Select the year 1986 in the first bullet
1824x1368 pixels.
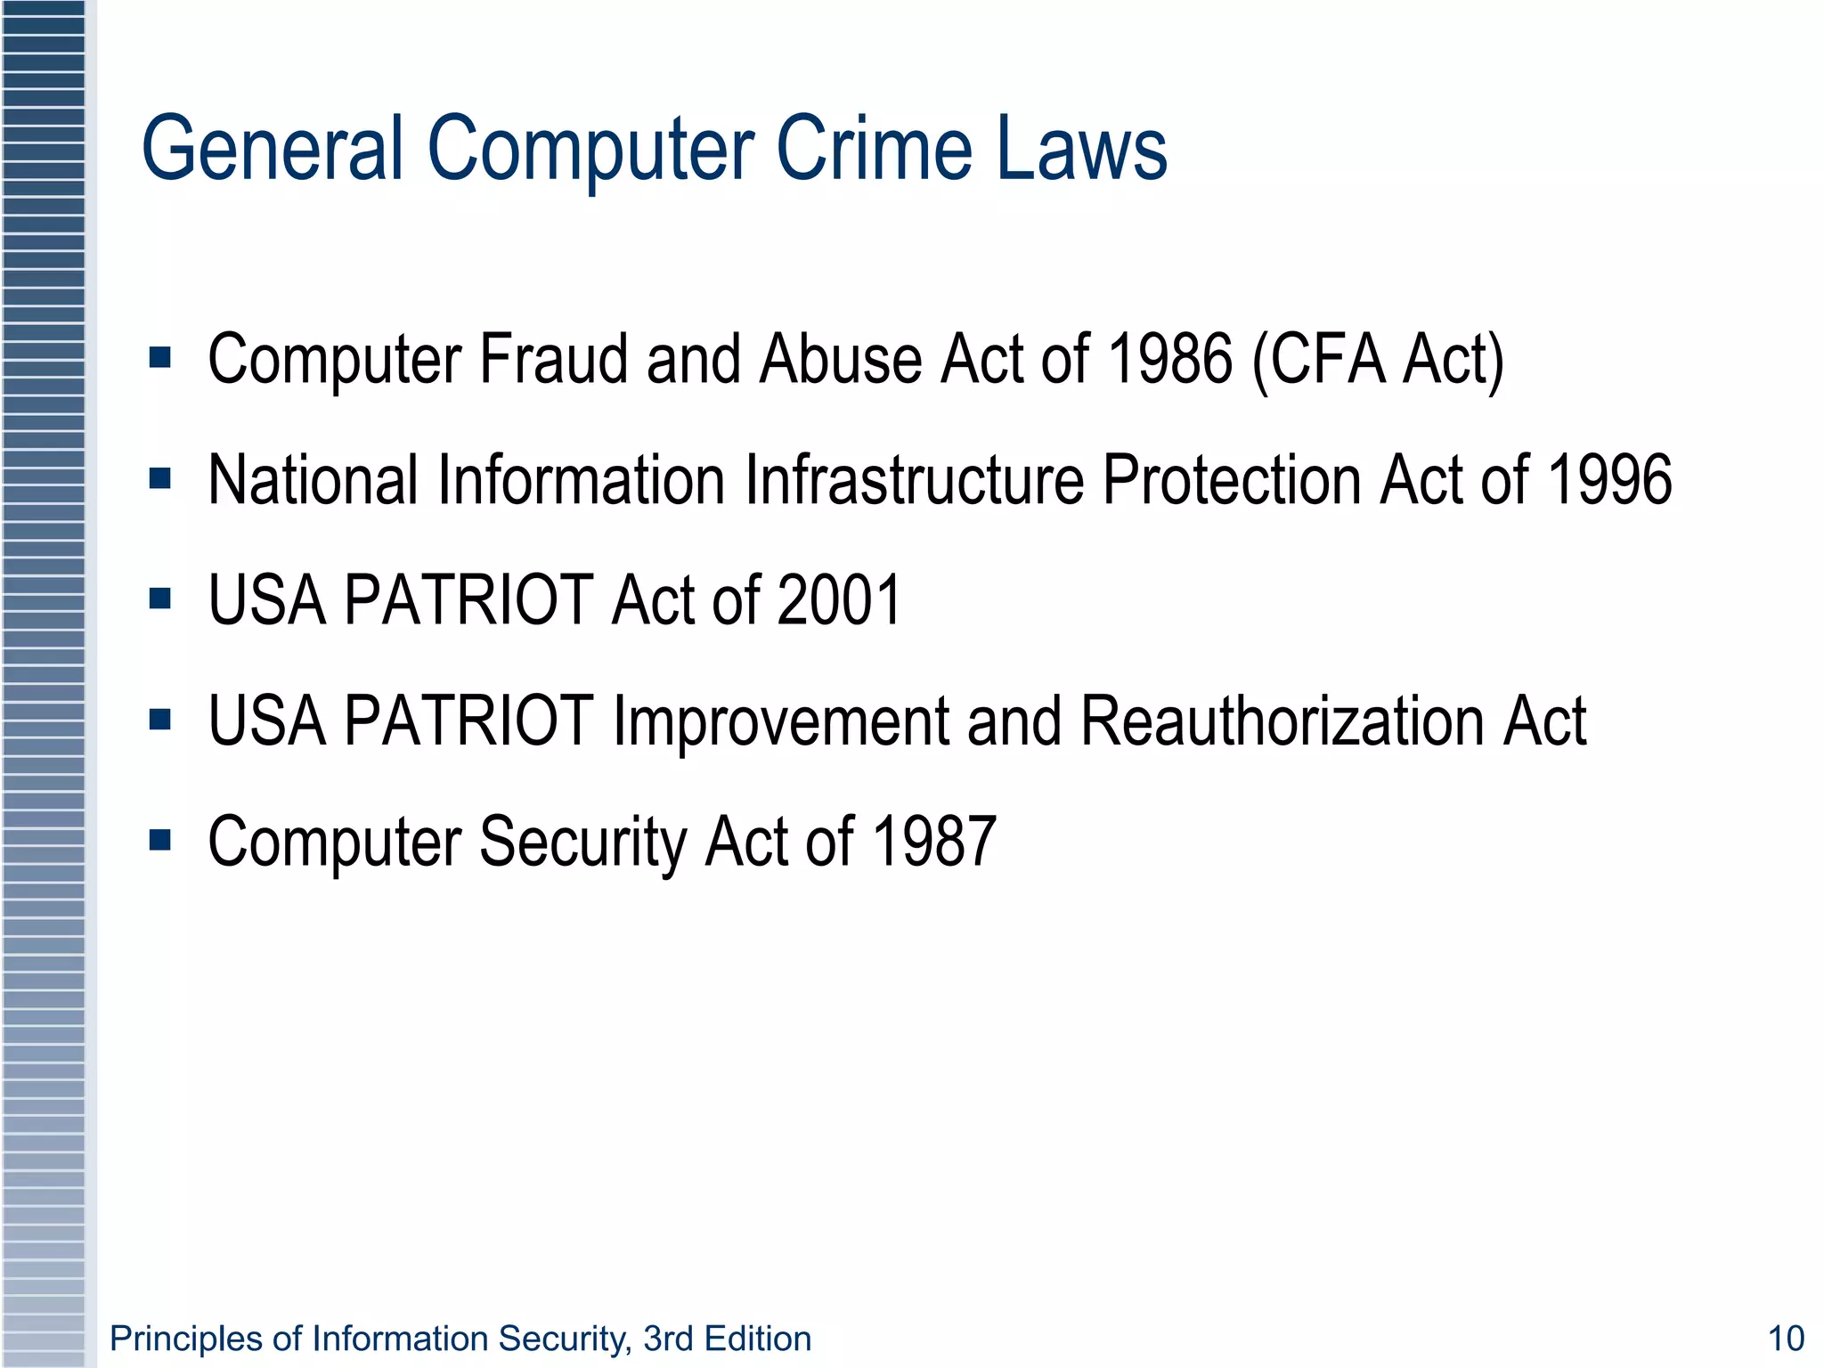(1169, 359)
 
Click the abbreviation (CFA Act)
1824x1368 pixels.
(1378, 361)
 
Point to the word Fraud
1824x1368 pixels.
(554, 359)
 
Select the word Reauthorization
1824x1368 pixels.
(1284, 721)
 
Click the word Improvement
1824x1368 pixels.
(780, 721)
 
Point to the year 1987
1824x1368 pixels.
(933, 841)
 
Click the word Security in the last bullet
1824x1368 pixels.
(582, 843)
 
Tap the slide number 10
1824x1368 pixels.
(1785, 1339)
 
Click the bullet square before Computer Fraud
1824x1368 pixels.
(160, 358)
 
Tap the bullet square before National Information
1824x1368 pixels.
(160, 479)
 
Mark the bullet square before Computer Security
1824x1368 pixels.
(160, 840)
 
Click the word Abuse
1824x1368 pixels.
(841, 359)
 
